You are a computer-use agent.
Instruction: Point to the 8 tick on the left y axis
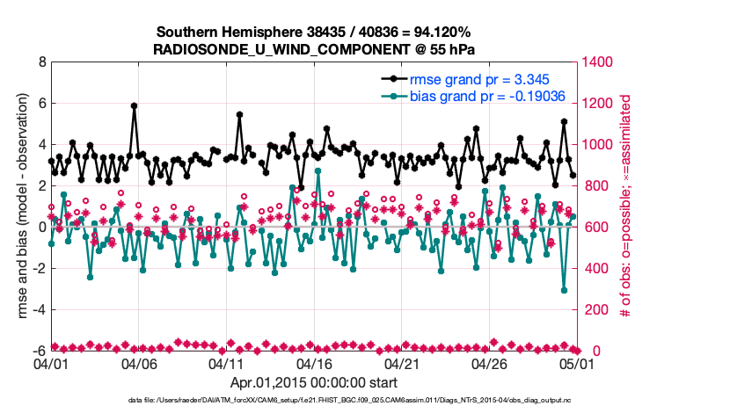tap(41, 62)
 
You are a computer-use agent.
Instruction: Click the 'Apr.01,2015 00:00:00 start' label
tap(313, 383)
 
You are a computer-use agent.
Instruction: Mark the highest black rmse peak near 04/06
tap(134, 105)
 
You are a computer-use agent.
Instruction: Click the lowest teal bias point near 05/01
tap(564, 290)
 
